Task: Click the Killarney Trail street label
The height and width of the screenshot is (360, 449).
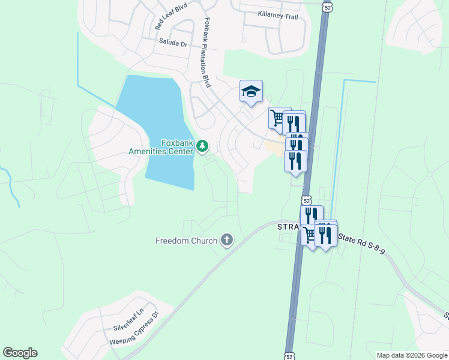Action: (x=277, y=16)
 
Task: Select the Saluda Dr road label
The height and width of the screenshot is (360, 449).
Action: (x=173, y=43)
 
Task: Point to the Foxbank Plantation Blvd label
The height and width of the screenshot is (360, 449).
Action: (x=206, y=52)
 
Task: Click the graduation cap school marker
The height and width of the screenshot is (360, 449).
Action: (x=251, y=91)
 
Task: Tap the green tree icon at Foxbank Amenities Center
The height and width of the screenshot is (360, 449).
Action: (x=203, y=145)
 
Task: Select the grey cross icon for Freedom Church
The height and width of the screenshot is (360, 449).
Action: (x=226, y=241)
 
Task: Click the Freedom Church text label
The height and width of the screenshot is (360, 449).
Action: (x=185, y=241)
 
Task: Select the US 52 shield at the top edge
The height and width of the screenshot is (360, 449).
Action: (x=326, y=7)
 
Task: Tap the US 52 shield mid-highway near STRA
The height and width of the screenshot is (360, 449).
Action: (x=307, y=200)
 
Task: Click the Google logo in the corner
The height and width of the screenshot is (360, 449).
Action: (x=20, y=353)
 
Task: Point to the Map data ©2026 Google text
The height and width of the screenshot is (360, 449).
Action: (x=412, y=355)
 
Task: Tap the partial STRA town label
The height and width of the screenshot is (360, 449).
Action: (x=288, y=227)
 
